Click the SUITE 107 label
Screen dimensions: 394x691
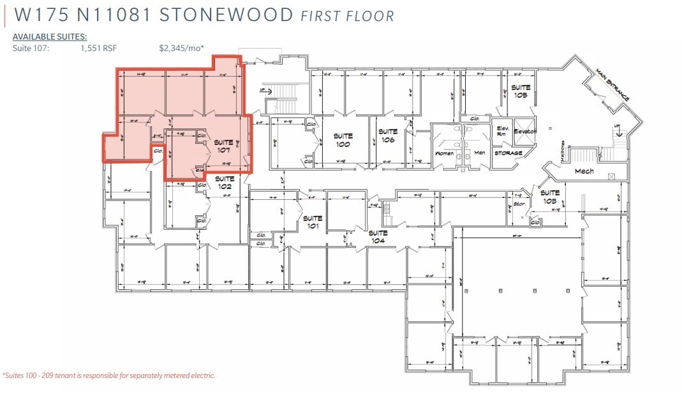pos(223,146)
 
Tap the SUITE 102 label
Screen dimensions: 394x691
pos(223,183)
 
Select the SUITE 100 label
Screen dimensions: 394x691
pos(343,140)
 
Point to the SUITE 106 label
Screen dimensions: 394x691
pos(387,135)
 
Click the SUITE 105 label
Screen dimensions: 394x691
pos(521,91)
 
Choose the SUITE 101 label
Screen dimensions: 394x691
pos(313,222)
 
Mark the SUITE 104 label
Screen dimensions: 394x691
pos(378,237)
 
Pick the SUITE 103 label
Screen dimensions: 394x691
pos(549,196)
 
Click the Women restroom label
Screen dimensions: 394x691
pos(444,153)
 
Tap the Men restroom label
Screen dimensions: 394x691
pos(480,153)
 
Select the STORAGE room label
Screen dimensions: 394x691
pos(509,153)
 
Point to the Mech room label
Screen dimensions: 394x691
pos(584,171)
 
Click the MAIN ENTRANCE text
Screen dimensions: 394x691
pos(613,84)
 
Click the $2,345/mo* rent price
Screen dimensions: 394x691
pos(182,48)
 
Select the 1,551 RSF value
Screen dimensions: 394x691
pos(99,48)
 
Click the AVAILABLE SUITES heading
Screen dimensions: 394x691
pos(50,37)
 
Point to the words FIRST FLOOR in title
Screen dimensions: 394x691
pos(347,16)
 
